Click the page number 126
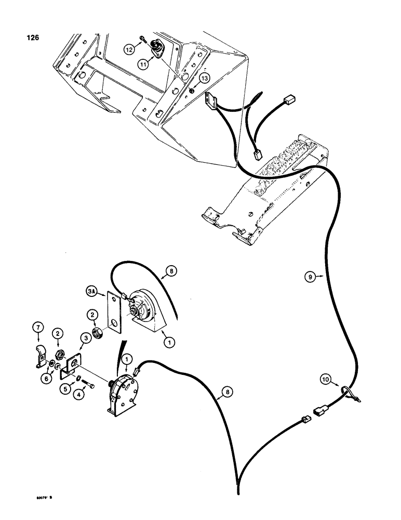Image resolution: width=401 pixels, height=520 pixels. [x=26, y=37]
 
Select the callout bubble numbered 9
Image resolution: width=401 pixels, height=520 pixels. [x=310, y=277]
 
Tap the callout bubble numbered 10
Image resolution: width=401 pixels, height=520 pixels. [x=325, y=380]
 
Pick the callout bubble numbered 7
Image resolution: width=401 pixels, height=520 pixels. [x=38, y=329]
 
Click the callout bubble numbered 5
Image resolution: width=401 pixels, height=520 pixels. [x=65, y=387]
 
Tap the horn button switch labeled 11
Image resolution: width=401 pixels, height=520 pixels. [x=156, y=49]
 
